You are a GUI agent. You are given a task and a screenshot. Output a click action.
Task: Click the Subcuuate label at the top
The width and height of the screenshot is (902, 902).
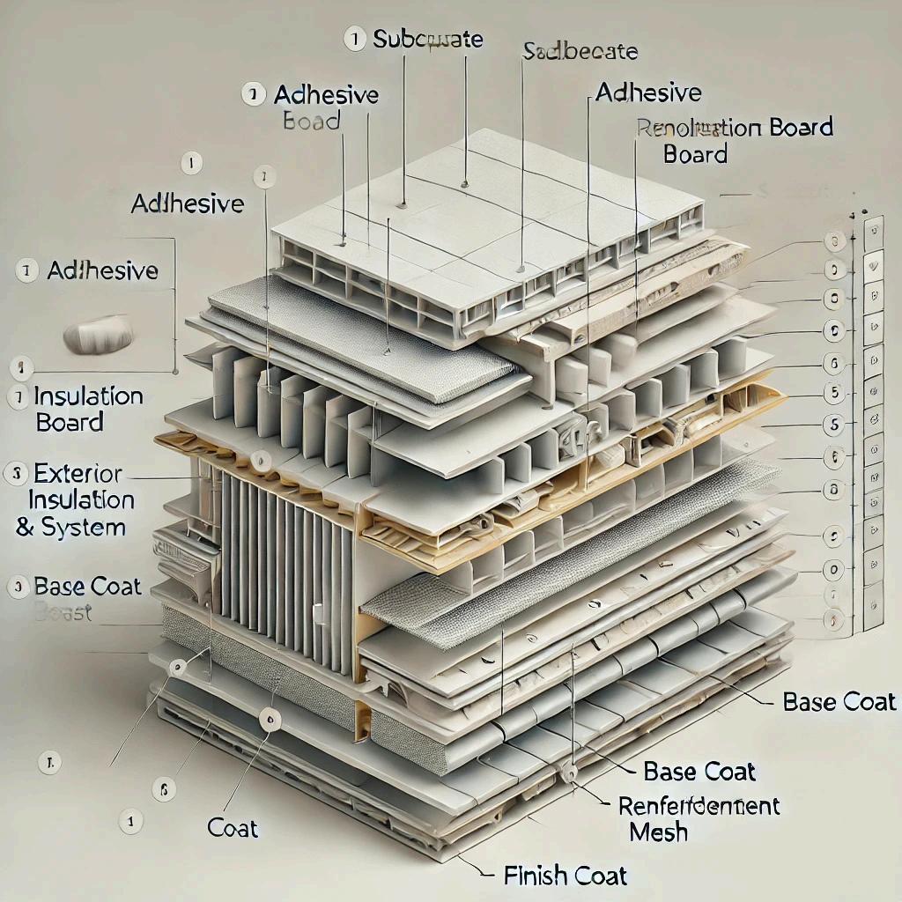(428, 39)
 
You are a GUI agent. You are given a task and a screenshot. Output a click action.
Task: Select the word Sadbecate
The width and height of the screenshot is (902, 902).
(580, 51)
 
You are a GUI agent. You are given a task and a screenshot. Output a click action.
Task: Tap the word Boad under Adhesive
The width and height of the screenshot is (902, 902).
(312, 121)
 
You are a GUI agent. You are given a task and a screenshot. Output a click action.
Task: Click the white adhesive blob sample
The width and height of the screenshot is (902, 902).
(99, 335)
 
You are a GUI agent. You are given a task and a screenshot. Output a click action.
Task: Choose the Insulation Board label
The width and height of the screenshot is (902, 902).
(88, 409)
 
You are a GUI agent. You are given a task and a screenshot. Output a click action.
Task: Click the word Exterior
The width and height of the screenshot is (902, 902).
(79, 474)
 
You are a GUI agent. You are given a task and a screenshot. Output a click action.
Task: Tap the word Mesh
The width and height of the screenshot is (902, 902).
(660, 831)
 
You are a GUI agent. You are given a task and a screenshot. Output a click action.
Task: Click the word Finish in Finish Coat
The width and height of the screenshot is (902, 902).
(534, 876)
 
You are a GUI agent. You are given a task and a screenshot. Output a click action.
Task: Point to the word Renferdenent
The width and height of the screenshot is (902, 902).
(699, 805)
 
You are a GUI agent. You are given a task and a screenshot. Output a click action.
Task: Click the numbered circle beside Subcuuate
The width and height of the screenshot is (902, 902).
(354, 39)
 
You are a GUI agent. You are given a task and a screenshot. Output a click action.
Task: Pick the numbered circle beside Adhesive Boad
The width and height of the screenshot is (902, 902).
(254, 94)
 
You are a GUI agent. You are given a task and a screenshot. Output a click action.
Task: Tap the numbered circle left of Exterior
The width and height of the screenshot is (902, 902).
(16, 474)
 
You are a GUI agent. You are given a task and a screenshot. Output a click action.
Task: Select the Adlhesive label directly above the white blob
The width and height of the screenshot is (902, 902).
(104, 270)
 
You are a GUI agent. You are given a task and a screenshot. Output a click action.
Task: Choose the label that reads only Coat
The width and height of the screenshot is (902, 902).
(233, 828)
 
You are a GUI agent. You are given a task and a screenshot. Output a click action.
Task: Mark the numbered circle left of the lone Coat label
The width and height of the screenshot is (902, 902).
(131, 821)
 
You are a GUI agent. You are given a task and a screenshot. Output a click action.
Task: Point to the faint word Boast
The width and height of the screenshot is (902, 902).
(63, 612)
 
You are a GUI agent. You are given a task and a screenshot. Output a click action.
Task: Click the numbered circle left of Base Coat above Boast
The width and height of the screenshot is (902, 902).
(16, 588)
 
